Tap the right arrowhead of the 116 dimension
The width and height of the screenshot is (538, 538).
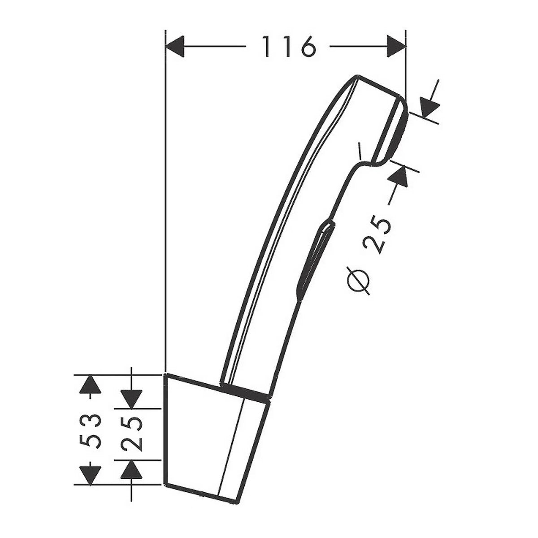pyautogui.click(x=395, y=46)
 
